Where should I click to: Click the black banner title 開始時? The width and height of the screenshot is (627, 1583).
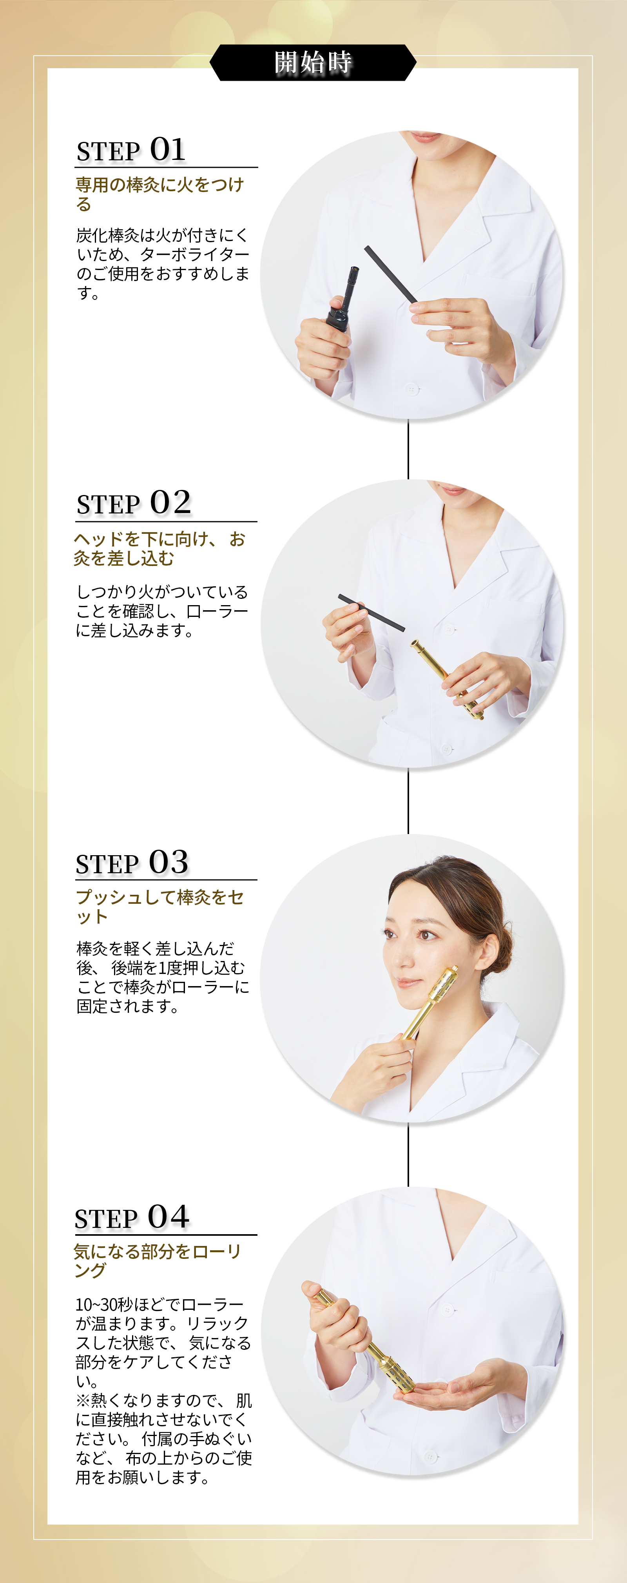coord(313,62)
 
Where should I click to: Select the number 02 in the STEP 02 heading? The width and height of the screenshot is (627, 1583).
coord(170,503)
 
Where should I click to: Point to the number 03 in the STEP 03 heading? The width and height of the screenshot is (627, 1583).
coord(169,862)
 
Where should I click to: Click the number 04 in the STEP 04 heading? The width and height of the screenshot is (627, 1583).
coord(169,1217)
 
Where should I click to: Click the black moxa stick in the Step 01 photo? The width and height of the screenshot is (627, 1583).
coord(391,274)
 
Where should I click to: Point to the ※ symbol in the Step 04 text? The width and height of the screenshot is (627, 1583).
coord(83,1400)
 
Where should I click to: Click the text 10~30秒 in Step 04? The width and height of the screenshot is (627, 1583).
coord(105,1304)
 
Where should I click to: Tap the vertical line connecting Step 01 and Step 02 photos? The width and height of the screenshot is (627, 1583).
coord(408,450)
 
